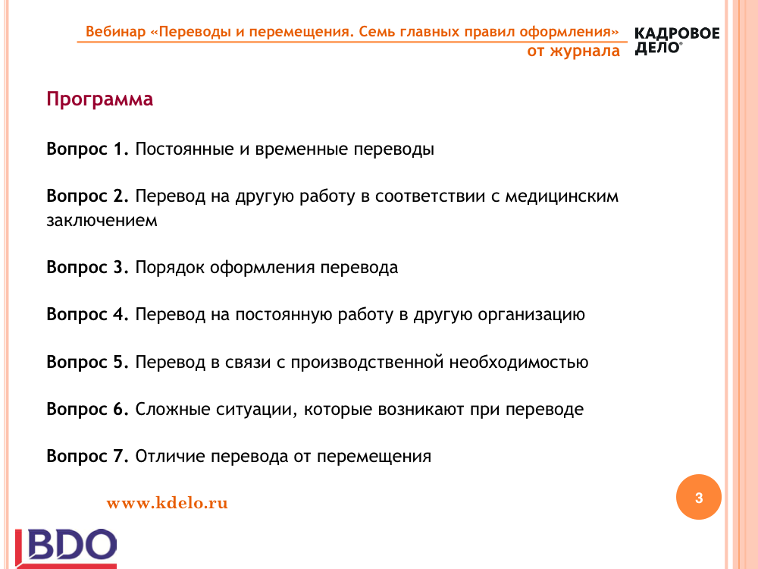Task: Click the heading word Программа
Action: pos(99,99)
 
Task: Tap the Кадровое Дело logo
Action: pos(677,41)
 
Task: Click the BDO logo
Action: pos(66,549)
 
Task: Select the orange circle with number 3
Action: pos(699,497)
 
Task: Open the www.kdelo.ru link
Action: pos(168,503)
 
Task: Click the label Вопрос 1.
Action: pos(87,149)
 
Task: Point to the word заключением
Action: pos(102,220)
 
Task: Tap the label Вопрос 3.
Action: pos(87,268)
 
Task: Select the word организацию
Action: pos(531,315)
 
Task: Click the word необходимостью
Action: pos(518,362)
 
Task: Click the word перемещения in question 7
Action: pos(374,457)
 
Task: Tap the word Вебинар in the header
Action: pos(115,32)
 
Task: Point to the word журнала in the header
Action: pos(584,51)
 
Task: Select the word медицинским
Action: pos(562,196)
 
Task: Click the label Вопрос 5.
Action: pos(87,363)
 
